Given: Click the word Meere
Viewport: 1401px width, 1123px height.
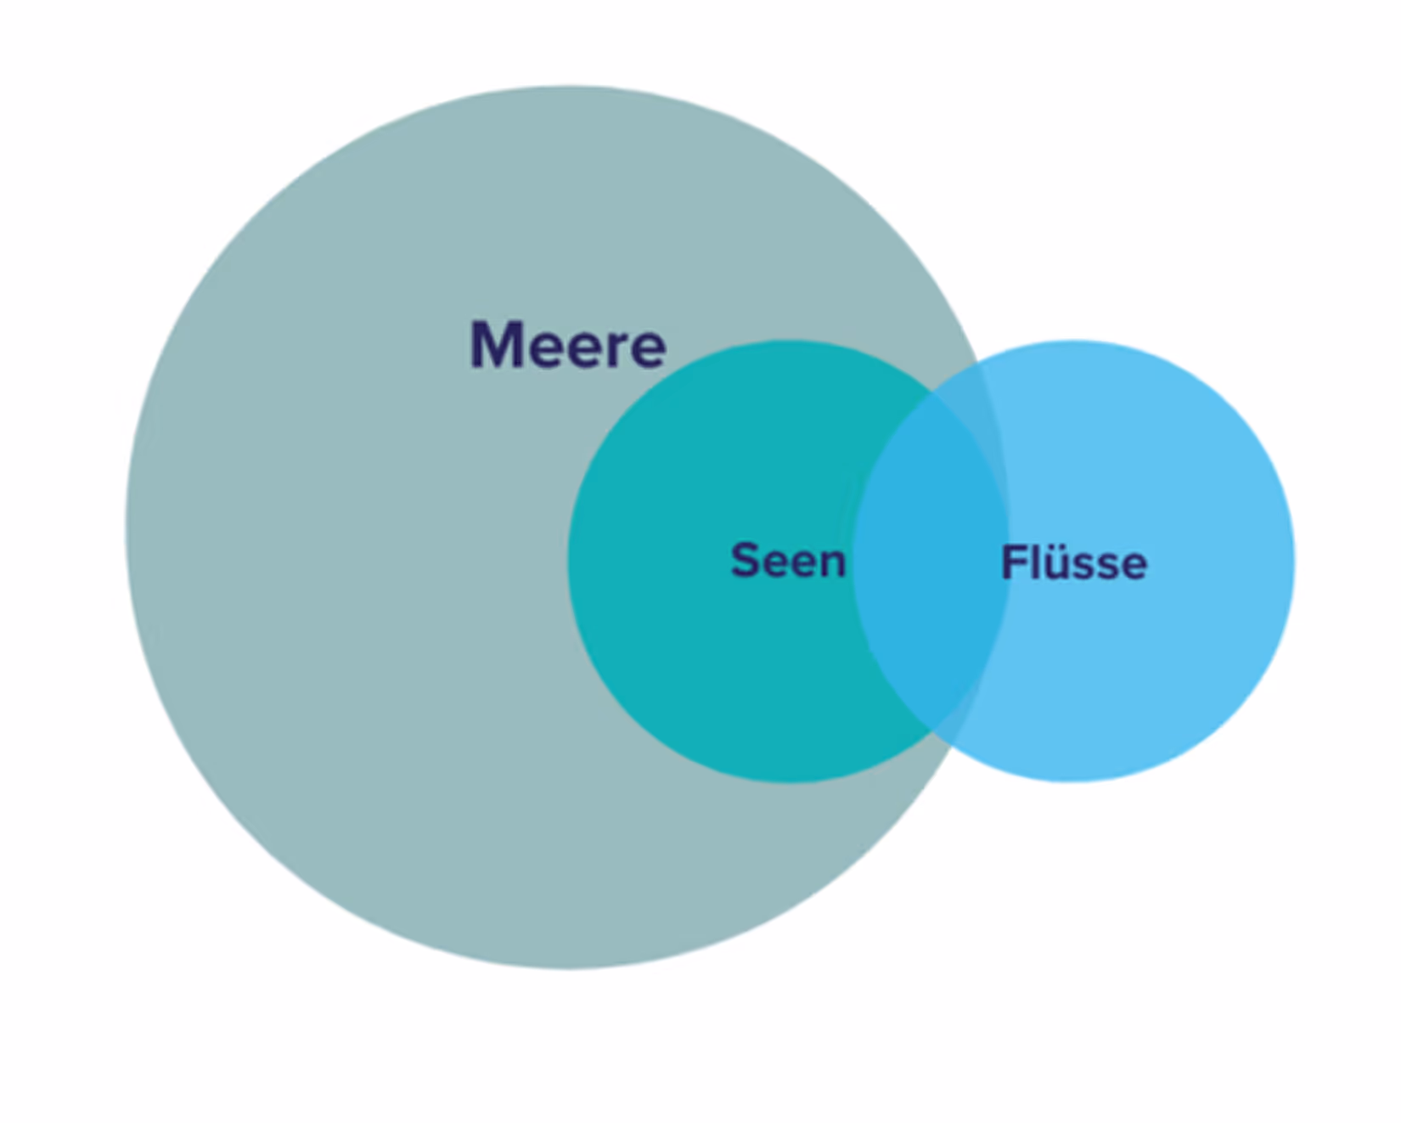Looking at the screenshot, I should (568, 345).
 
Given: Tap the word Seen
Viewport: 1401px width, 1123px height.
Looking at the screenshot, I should (788, 561).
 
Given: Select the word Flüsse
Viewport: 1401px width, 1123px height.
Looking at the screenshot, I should (1074, 562).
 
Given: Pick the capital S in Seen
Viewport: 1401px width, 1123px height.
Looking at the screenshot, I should (745, 561).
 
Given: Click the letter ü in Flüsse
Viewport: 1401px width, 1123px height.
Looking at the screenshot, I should (1056, 564).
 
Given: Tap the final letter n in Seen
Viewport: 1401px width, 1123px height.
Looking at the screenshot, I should (833, 563).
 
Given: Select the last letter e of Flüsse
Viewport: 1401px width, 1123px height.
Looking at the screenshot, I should (1134, 566).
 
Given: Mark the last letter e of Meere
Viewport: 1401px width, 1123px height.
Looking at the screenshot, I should (650, 349).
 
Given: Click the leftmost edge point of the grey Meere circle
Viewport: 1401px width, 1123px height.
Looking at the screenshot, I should (127, 527).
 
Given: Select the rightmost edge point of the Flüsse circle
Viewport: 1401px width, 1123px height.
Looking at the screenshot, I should (1295, 561).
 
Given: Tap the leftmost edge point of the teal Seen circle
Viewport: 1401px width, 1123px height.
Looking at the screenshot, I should (568, 561).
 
